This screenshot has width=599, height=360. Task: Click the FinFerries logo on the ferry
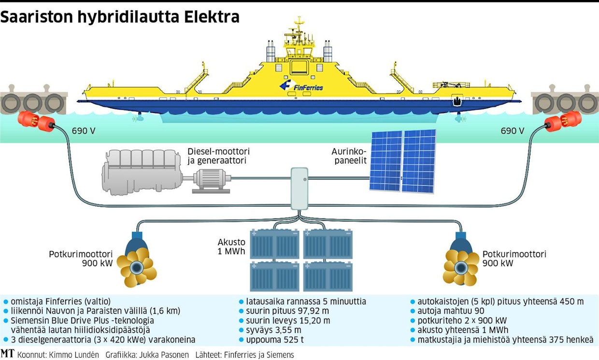click(301, 86)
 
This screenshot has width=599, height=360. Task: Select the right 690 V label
click(512, 130)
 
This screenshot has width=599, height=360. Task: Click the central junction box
click(299, 188)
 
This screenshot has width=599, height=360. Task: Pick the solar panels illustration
click(402, 161)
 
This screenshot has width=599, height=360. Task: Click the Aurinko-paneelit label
click(347, 155)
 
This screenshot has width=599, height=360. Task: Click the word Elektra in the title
click(212, 18)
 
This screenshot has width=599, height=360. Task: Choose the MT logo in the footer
click(7, 354)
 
